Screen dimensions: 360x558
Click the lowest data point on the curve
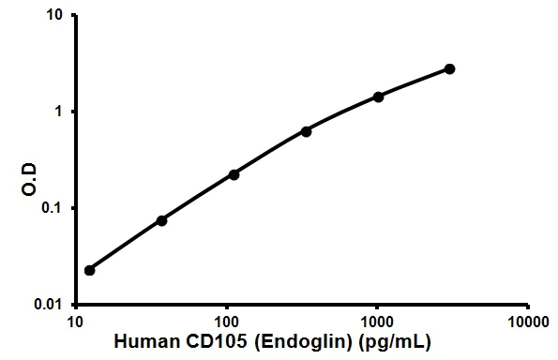90,270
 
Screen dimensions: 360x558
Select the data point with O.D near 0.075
161,220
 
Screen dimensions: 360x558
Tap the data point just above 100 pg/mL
234,174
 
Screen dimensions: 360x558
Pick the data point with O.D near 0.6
307,131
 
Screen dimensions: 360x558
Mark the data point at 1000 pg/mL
379,97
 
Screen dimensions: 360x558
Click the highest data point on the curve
450,68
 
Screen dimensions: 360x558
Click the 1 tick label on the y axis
60,112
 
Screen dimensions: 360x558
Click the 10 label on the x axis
75,322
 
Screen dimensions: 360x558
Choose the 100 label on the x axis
226,322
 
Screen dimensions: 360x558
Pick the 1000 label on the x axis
377,322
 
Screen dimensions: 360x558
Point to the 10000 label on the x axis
528,322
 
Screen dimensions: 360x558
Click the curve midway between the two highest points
415,82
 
